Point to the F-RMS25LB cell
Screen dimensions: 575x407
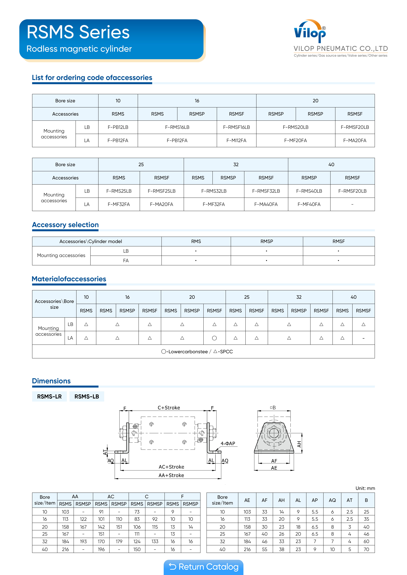[x=119, y=191]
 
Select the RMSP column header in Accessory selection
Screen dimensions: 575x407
[x=267, y=241]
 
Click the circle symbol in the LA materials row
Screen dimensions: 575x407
[x=214, y=338]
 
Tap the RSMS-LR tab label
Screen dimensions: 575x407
[x=49, y=396]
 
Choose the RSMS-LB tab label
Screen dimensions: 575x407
[x=87, y=396]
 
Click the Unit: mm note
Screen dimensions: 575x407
[x=365, y=488]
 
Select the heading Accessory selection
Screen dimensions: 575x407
[x=65, y=225]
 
